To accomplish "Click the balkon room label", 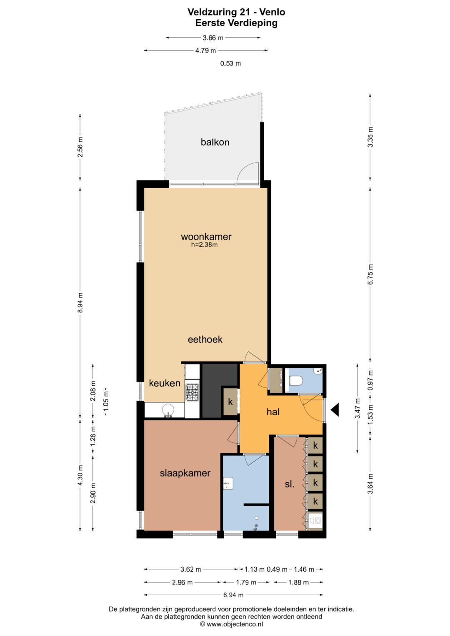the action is pyautogui.click(x=215, y=142).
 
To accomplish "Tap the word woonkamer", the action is pyautogui.click(x=206, y=237).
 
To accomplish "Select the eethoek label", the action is pyautogui.click(x=205, y=339).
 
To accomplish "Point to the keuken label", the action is pyautogui.click(x=165, y=383).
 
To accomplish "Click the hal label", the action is pyautogui.click(x=273, y=412).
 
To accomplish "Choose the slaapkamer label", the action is pyautogui.click(x=185, y=473).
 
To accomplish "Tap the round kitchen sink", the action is pyautogui.click(x=168, y=410).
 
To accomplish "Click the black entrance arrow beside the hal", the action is pyautogui.click(x=335, y=410).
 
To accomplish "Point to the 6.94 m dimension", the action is pyautogui.click(x=233, y=595).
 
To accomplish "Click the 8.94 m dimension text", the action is pyautogui.click(x=80, y=303).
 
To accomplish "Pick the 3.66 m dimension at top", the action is pyautogui.click(x=213, y=37).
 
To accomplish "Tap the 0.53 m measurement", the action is pyautogui.click(x=230, y=63).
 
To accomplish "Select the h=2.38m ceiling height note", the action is pyautogui.click(x=204, y=245).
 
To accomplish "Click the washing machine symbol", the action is pyautogui.click(x=315, y=521).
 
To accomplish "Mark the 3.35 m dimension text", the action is pyautogui.click(x=370, y=137).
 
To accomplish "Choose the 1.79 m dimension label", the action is pyautogui.click(x=246, y=582).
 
